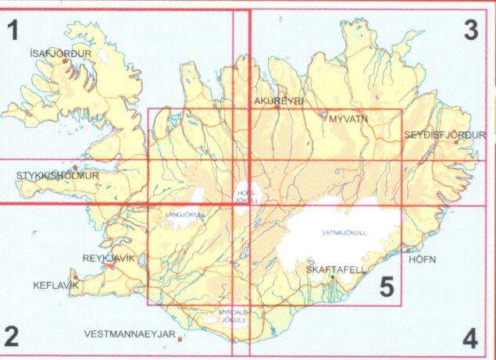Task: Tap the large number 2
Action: point(11,337)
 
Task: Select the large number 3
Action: point(470,30)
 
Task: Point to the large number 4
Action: point(469,339)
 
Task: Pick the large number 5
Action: point(386,287)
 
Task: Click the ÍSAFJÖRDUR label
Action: point(59,54)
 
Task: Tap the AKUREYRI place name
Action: point(278,102)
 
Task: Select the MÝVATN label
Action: point(348,119)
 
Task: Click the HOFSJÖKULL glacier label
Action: point(246,197)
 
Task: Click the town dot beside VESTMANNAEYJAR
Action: point(181,338)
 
